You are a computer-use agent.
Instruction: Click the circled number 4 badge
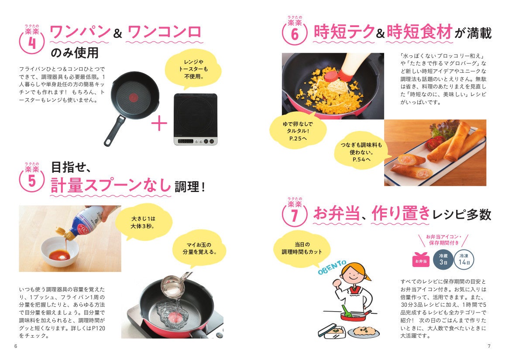(32, 42)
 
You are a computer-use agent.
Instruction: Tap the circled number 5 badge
(31, 180)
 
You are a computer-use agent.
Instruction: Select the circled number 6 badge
(294, 34)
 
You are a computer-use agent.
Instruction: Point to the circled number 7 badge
(294, 215)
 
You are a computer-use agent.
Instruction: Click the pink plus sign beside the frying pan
(159, 123)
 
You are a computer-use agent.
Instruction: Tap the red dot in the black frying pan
(133, 97)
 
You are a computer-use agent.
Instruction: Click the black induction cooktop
(196, 119)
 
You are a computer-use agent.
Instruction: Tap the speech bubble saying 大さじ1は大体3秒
(143, 222)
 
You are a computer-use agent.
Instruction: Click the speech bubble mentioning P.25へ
(298, 130)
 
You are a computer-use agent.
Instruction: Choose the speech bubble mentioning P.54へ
(361, 152)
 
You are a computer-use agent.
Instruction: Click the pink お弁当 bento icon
(421, 260)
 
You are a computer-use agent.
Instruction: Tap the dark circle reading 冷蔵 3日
(443, 259)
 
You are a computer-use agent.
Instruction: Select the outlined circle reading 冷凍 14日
(464, 259)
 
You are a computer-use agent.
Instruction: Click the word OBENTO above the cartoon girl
(332, 267)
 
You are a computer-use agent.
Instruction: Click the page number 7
(489, 346)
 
